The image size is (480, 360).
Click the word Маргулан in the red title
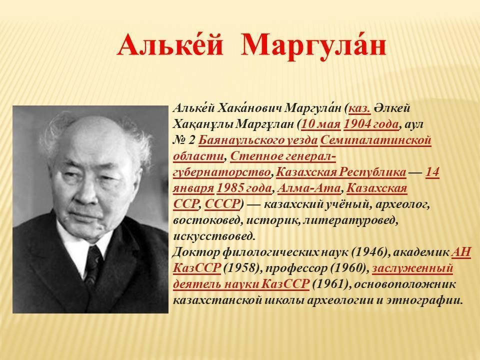click(312, 46)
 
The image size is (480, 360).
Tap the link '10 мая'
click(321, 124)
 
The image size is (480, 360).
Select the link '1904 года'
click(371, 124)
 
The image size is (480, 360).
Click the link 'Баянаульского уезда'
click(258, 140)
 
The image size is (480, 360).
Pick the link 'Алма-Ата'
click(309, 188)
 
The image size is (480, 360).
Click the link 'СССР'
click(222, 204)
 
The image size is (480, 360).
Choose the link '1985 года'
click(244, 188)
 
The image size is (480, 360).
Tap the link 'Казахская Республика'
click(341, 172)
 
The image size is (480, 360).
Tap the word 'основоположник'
click(404, 284)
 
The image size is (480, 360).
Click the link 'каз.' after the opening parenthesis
click(359, 108)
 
